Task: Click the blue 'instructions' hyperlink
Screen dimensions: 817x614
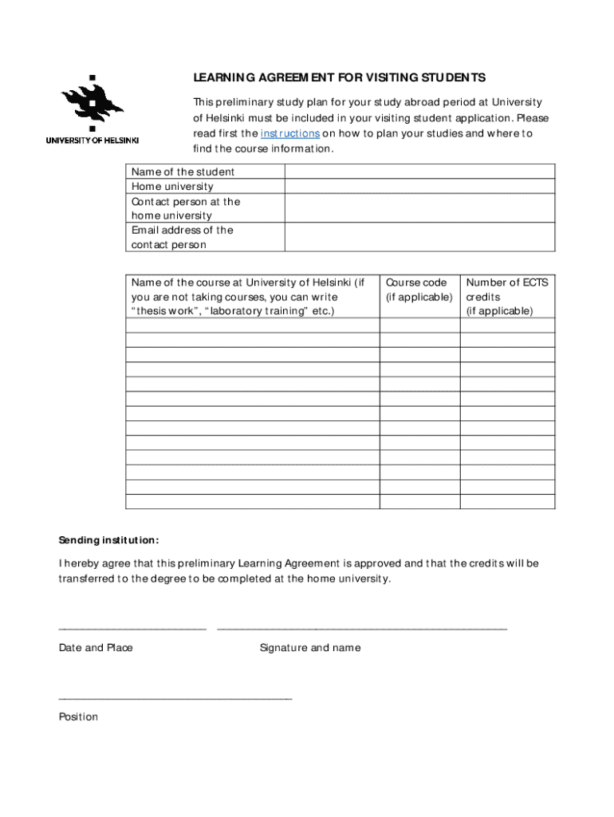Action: pyautogui.click(x=290, y=133)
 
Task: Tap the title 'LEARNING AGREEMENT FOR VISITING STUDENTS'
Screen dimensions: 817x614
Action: pyautogui.click(x=339, y=77)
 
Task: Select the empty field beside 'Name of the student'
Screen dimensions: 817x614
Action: pyautogui.click(x=419, y=172)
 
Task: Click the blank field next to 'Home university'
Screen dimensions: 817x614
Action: pyautogui.click(x=419, y=187)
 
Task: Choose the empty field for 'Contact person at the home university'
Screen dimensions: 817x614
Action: pyautogui.click(x=419, y=208)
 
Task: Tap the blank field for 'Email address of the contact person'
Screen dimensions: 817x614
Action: pyautogui.click(x=419, y=237)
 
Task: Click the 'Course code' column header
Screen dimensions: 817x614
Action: pyautogui.click(x=419, y=290)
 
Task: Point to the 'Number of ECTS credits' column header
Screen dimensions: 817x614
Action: pyautogui.click(x=507, y=296)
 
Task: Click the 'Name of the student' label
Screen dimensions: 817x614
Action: pyautogui.click(x=183, y=172)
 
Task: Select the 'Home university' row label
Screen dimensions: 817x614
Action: pyautogui.click(x=172, y=187)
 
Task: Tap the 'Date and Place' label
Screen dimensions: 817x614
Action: pyautogui.click(x=96, y=648)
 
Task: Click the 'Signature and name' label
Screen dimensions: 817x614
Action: pyautogui.click(x=309, y=648)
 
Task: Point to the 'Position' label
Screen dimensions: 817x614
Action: pyautogui.click(x=78, y=716)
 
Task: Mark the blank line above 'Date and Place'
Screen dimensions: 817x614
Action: pyautogui.click(x=132, y=628)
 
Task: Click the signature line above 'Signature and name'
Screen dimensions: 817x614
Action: pyautogui.click(x=361, y=628)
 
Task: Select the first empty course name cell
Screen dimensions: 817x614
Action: pyautogui.click(x=252, y=326)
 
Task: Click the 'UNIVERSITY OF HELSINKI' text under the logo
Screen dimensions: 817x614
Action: pyautogui.click(x=92, y=140)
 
